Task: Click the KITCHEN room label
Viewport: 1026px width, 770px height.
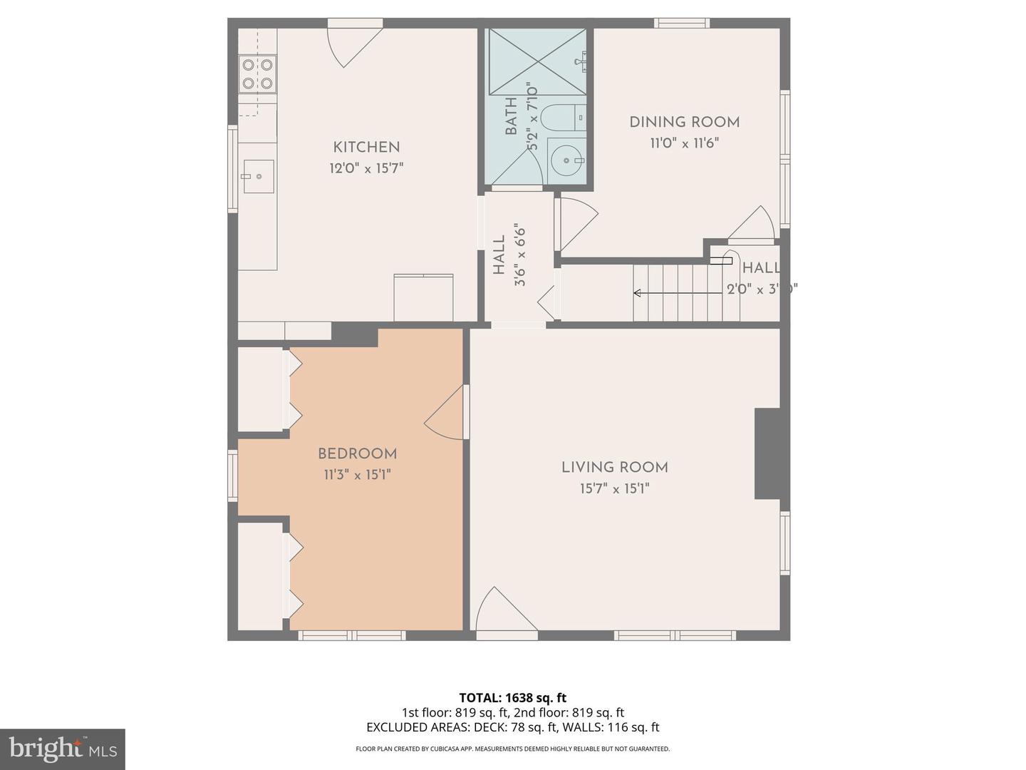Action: click(x=366, y=148)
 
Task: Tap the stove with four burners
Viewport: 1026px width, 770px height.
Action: click(x=257, y=74)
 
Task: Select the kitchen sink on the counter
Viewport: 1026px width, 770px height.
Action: click(x=258, y=176)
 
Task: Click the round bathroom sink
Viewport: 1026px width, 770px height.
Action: click(x=569, y=161)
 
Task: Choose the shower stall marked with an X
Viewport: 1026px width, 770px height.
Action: click(x=536, y=61)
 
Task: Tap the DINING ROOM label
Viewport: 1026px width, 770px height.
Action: click(x=684, y=122)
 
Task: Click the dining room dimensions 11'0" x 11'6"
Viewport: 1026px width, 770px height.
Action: click(x=684, y=143)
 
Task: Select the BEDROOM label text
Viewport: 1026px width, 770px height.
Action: click(x=357, y=453)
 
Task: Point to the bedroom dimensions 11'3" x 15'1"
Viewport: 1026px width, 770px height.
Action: click(x=357, y=475)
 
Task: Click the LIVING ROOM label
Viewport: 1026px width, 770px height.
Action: click(x=614, y=468)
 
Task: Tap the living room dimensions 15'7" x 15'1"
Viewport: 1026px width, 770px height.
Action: click(x=614, y=489)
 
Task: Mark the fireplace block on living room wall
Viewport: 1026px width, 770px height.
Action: click(x=767, y=454)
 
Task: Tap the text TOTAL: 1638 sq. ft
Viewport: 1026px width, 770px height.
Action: click(x=512, y=697)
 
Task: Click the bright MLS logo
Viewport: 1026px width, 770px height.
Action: click(x=63, y=749)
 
